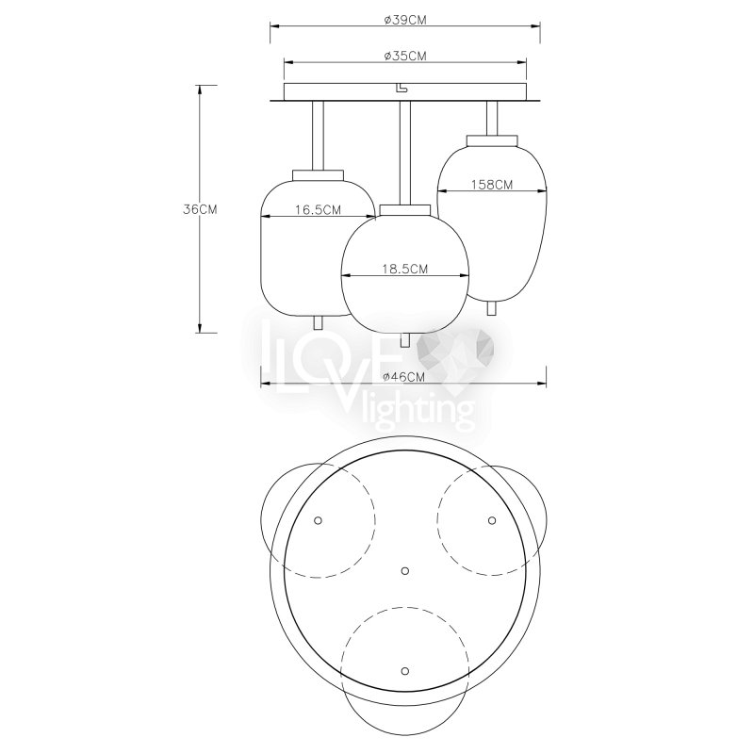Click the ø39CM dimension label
pos(405,20)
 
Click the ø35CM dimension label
pos(405,57)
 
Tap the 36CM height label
pos(200,209)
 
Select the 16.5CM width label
pos(318,210)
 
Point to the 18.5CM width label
pos(405,269)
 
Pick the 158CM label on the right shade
pos(491,184)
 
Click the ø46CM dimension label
pos(404,377)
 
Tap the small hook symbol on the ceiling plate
pos(400,88)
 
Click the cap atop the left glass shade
pos(318,175)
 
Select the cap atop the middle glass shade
pos(405,209)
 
